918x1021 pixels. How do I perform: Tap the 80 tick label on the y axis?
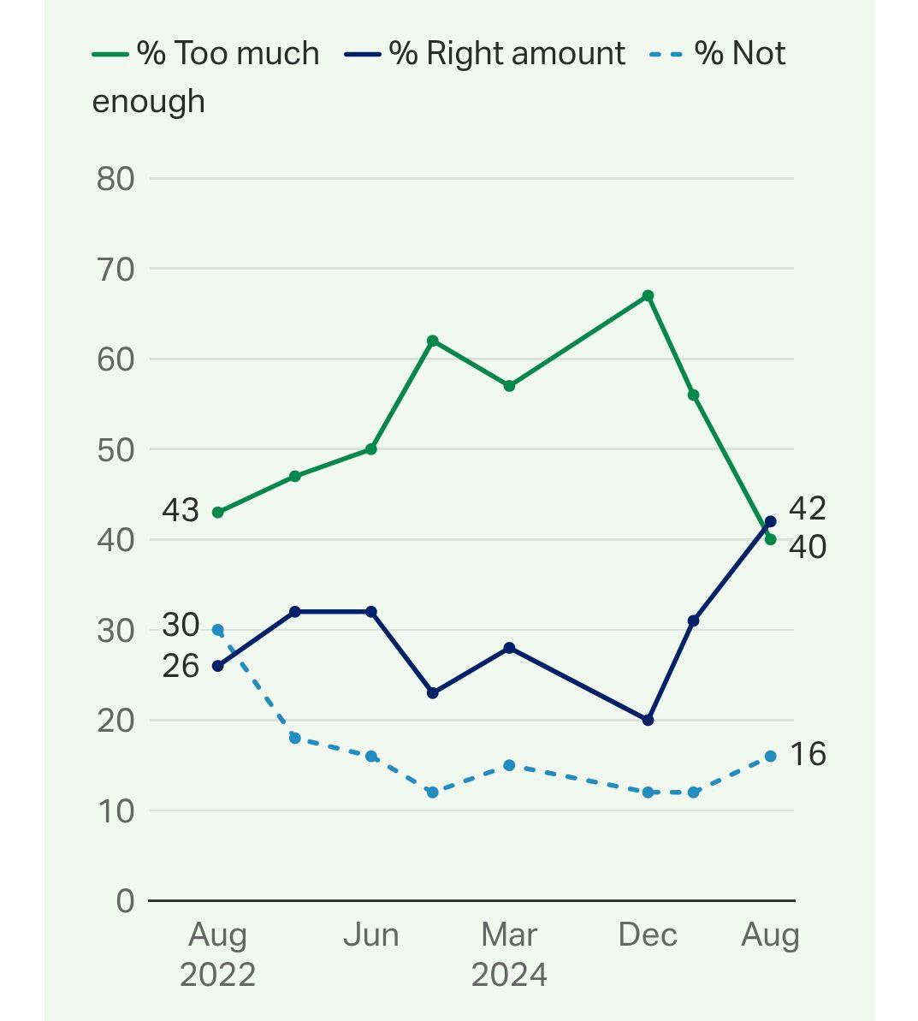(115, 179)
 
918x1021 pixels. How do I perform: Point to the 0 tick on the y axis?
(125, 900)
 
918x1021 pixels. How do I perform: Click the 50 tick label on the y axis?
(115, 449)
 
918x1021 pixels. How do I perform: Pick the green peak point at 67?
(648, 296)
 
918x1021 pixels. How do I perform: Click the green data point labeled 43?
(218, 513)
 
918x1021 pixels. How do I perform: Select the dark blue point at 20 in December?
(648, 721)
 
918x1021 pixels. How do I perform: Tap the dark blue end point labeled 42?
(770, 522)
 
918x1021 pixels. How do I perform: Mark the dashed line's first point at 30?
(218, 630)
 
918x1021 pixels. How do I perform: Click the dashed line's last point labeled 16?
(770, 757)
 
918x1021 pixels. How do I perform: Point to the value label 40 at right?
(807, 547)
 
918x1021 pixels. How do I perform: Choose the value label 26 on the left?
(181, 666)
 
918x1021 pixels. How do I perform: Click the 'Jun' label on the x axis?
(371, 935)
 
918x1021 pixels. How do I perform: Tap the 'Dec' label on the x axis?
(648, 935)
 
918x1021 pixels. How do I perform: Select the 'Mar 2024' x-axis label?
(509, 953)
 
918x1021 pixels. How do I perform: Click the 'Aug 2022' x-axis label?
(218, 953)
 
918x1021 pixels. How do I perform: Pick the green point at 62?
(432, 341)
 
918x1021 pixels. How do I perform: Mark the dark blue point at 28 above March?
(509, 648)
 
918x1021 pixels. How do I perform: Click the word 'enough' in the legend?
(148, 102)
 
